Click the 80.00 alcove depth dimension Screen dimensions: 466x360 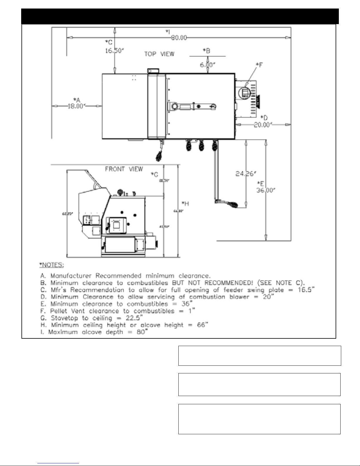[x=179, y=38]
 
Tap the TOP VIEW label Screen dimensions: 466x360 [x=159, y=54]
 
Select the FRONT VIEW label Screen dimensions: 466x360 [x=124, y=169]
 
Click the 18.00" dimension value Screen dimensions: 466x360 [x=76, y=106]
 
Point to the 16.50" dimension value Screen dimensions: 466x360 [x=115, y=51]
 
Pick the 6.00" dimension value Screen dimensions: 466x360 [x=208, y=65]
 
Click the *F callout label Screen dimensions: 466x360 [x=259, y=65]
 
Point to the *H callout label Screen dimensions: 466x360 [x=185, y=203]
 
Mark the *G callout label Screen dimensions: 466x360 [x=155, y=174]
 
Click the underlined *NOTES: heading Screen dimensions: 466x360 [x=51, y=265]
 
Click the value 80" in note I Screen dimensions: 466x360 [x=141, y=332]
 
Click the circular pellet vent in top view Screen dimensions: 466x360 [x=245, y=93]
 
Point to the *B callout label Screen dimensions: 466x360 [x=207, y=51]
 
